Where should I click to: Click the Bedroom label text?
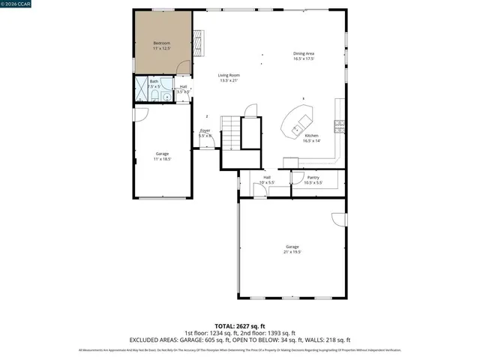[162, 43]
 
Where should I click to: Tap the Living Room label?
[229, 75]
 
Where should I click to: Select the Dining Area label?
[304, 53]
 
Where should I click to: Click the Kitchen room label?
[311, 136]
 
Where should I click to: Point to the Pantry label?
[313, 177]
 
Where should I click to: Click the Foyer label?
[205, 130]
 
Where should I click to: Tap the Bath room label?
[154, 81]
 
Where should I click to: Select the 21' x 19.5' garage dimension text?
[292, 252]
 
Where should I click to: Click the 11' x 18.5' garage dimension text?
[162, 158]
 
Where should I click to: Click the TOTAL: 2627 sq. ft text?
[239, 326]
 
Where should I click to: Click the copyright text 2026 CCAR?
[16, 4]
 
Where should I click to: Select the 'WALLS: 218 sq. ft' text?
[329, 340]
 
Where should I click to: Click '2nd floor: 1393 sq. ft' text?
[268, 333]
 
